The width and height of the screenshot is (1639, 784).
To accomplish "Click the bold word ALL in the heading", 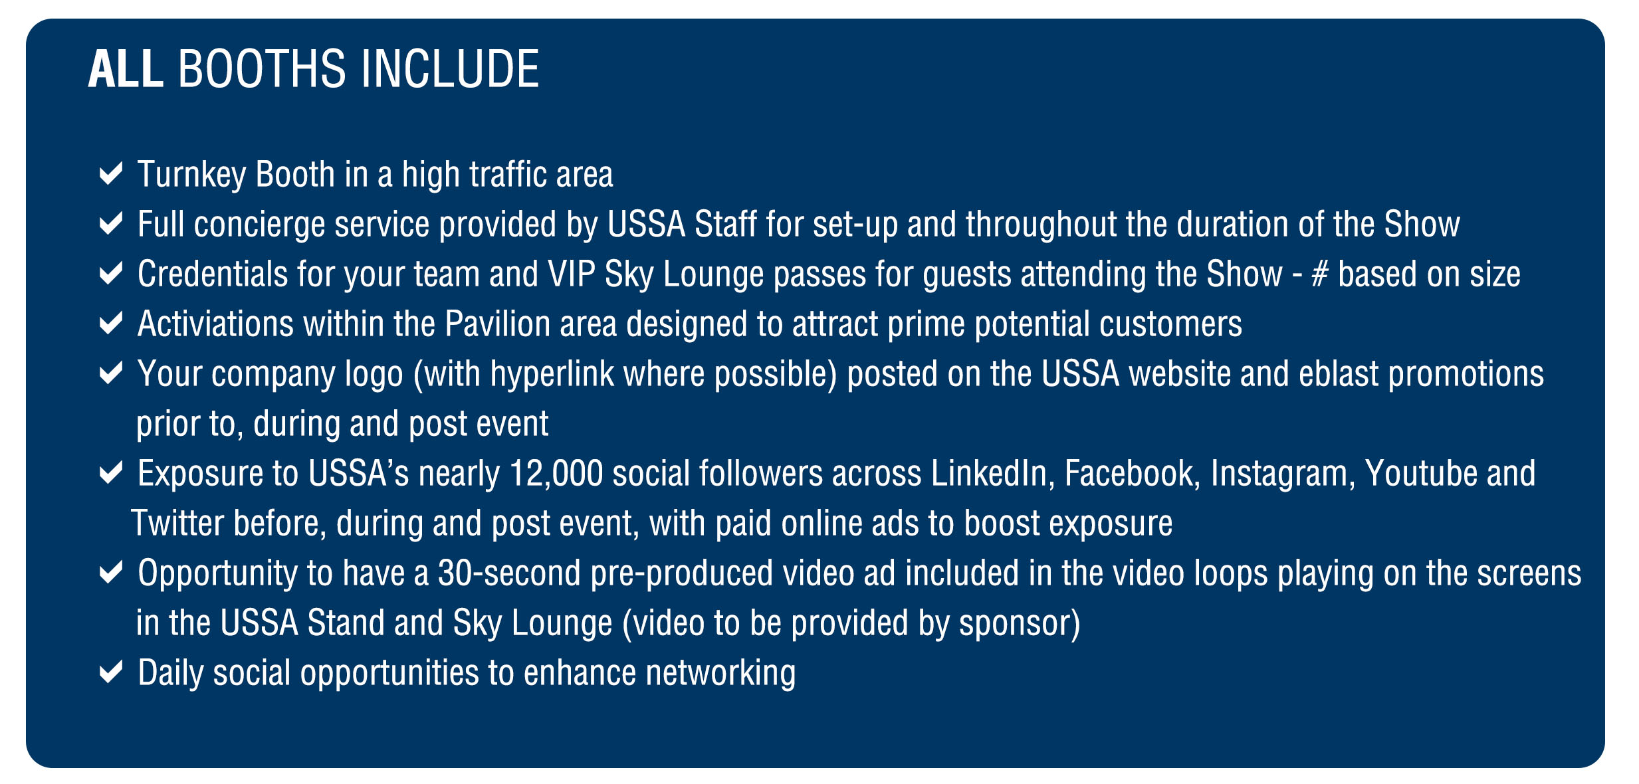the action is (126, 68).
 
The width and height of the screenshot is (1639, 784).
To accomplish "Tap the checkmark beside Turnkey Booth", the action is (110, 174).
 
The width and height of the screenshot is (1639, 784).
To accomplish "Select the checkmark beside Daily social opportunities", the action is (110, 672).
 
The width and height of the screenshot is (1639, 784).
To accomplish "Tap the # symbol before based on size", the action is (1319, 274).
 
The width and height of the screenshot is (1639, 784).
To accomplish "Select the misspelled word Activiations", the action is (215, 324).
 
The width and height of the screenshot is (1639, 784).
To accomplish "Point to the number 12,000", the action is (556, 474).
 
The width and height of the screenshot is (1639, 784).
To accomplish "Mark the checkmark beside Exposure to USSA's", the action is (110, 473).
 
